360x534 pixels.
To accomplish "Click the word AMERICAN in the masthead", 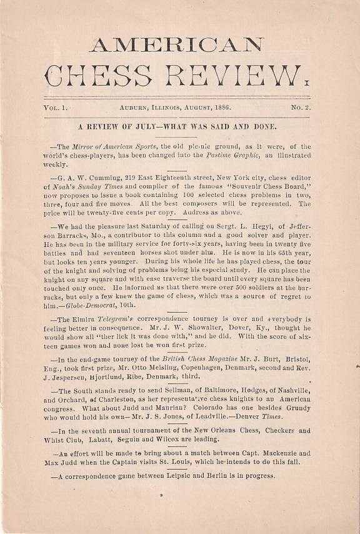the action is (x=177, y=45).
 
